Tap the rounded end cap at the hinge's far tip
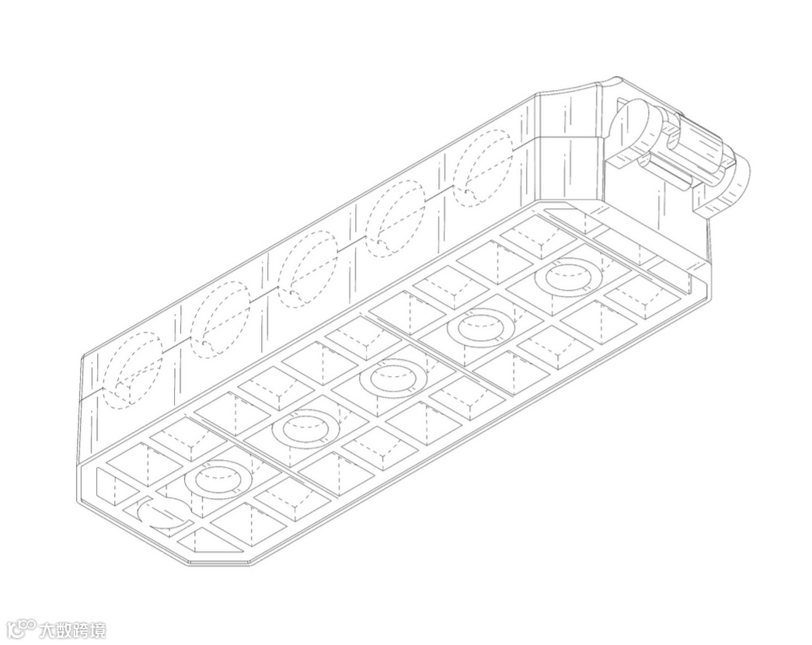734,183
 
